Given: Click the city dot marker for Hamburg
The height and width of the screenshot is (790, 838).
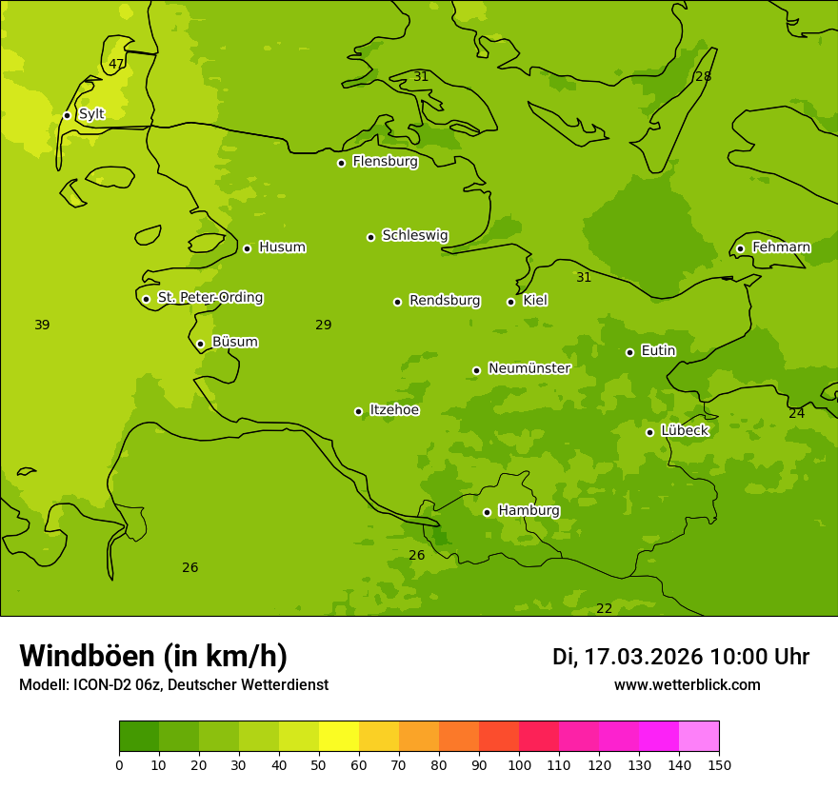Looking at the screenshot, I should (487, 512).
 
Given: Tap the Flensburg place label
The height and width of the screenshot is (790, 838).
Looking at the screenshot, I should (385, 162).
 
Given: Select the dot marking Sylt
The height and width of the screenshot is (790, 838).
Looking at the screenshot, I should (67, 115).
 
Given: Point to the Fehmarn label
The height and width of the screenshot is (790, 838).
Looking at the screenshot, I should (781, 247).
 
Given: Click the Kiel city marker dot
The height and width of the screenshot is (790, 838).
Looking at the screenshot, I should (510, 302).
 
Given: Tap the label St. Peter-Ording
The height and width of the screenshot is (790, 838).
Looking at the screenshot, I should (209, 298).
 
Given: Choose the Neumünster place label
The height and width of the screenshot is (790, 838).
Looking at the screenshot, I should (529, 368).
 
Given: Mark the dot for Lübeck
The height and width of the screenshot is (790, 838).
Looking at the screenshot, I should (649, 432).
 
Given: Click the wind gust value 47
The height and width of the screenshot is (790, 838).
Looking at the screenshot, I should (116, 65).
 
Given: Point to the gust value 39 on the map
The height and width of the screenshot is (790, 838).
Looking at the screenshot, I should (42, 326).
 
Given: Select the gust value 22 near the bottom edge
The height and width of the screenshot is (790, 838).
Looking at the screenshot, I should (604, 609).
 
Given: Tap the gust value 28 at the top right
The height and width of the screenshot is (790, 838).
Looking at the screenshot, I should (703, 77).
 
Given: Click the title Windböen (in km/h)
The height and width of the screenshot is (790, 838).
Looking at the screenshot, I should (153, 656).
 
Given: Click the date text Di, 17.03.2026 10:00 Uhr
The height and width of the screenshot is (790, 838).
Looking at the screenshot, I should (681, 657).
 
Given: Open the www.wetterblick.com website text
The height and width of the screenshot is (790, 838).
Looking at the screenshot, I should (687, 685).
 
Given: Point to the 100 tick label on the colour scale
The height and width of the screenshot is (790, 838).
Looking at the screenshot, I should (519, 764).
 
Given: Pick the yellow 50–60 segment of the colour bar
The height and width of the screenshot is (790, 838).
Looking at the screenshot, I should (339, 737).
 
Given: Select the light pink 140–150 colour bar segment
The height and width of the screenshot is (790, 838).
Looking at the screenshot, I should (699, 737).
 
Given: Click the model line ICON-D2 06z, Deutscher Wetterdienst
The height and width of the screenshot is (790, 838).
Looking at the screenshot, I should (173, 685).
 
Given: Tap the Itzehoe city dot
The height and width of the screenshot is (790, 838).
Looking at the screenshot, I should (358, 411).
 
